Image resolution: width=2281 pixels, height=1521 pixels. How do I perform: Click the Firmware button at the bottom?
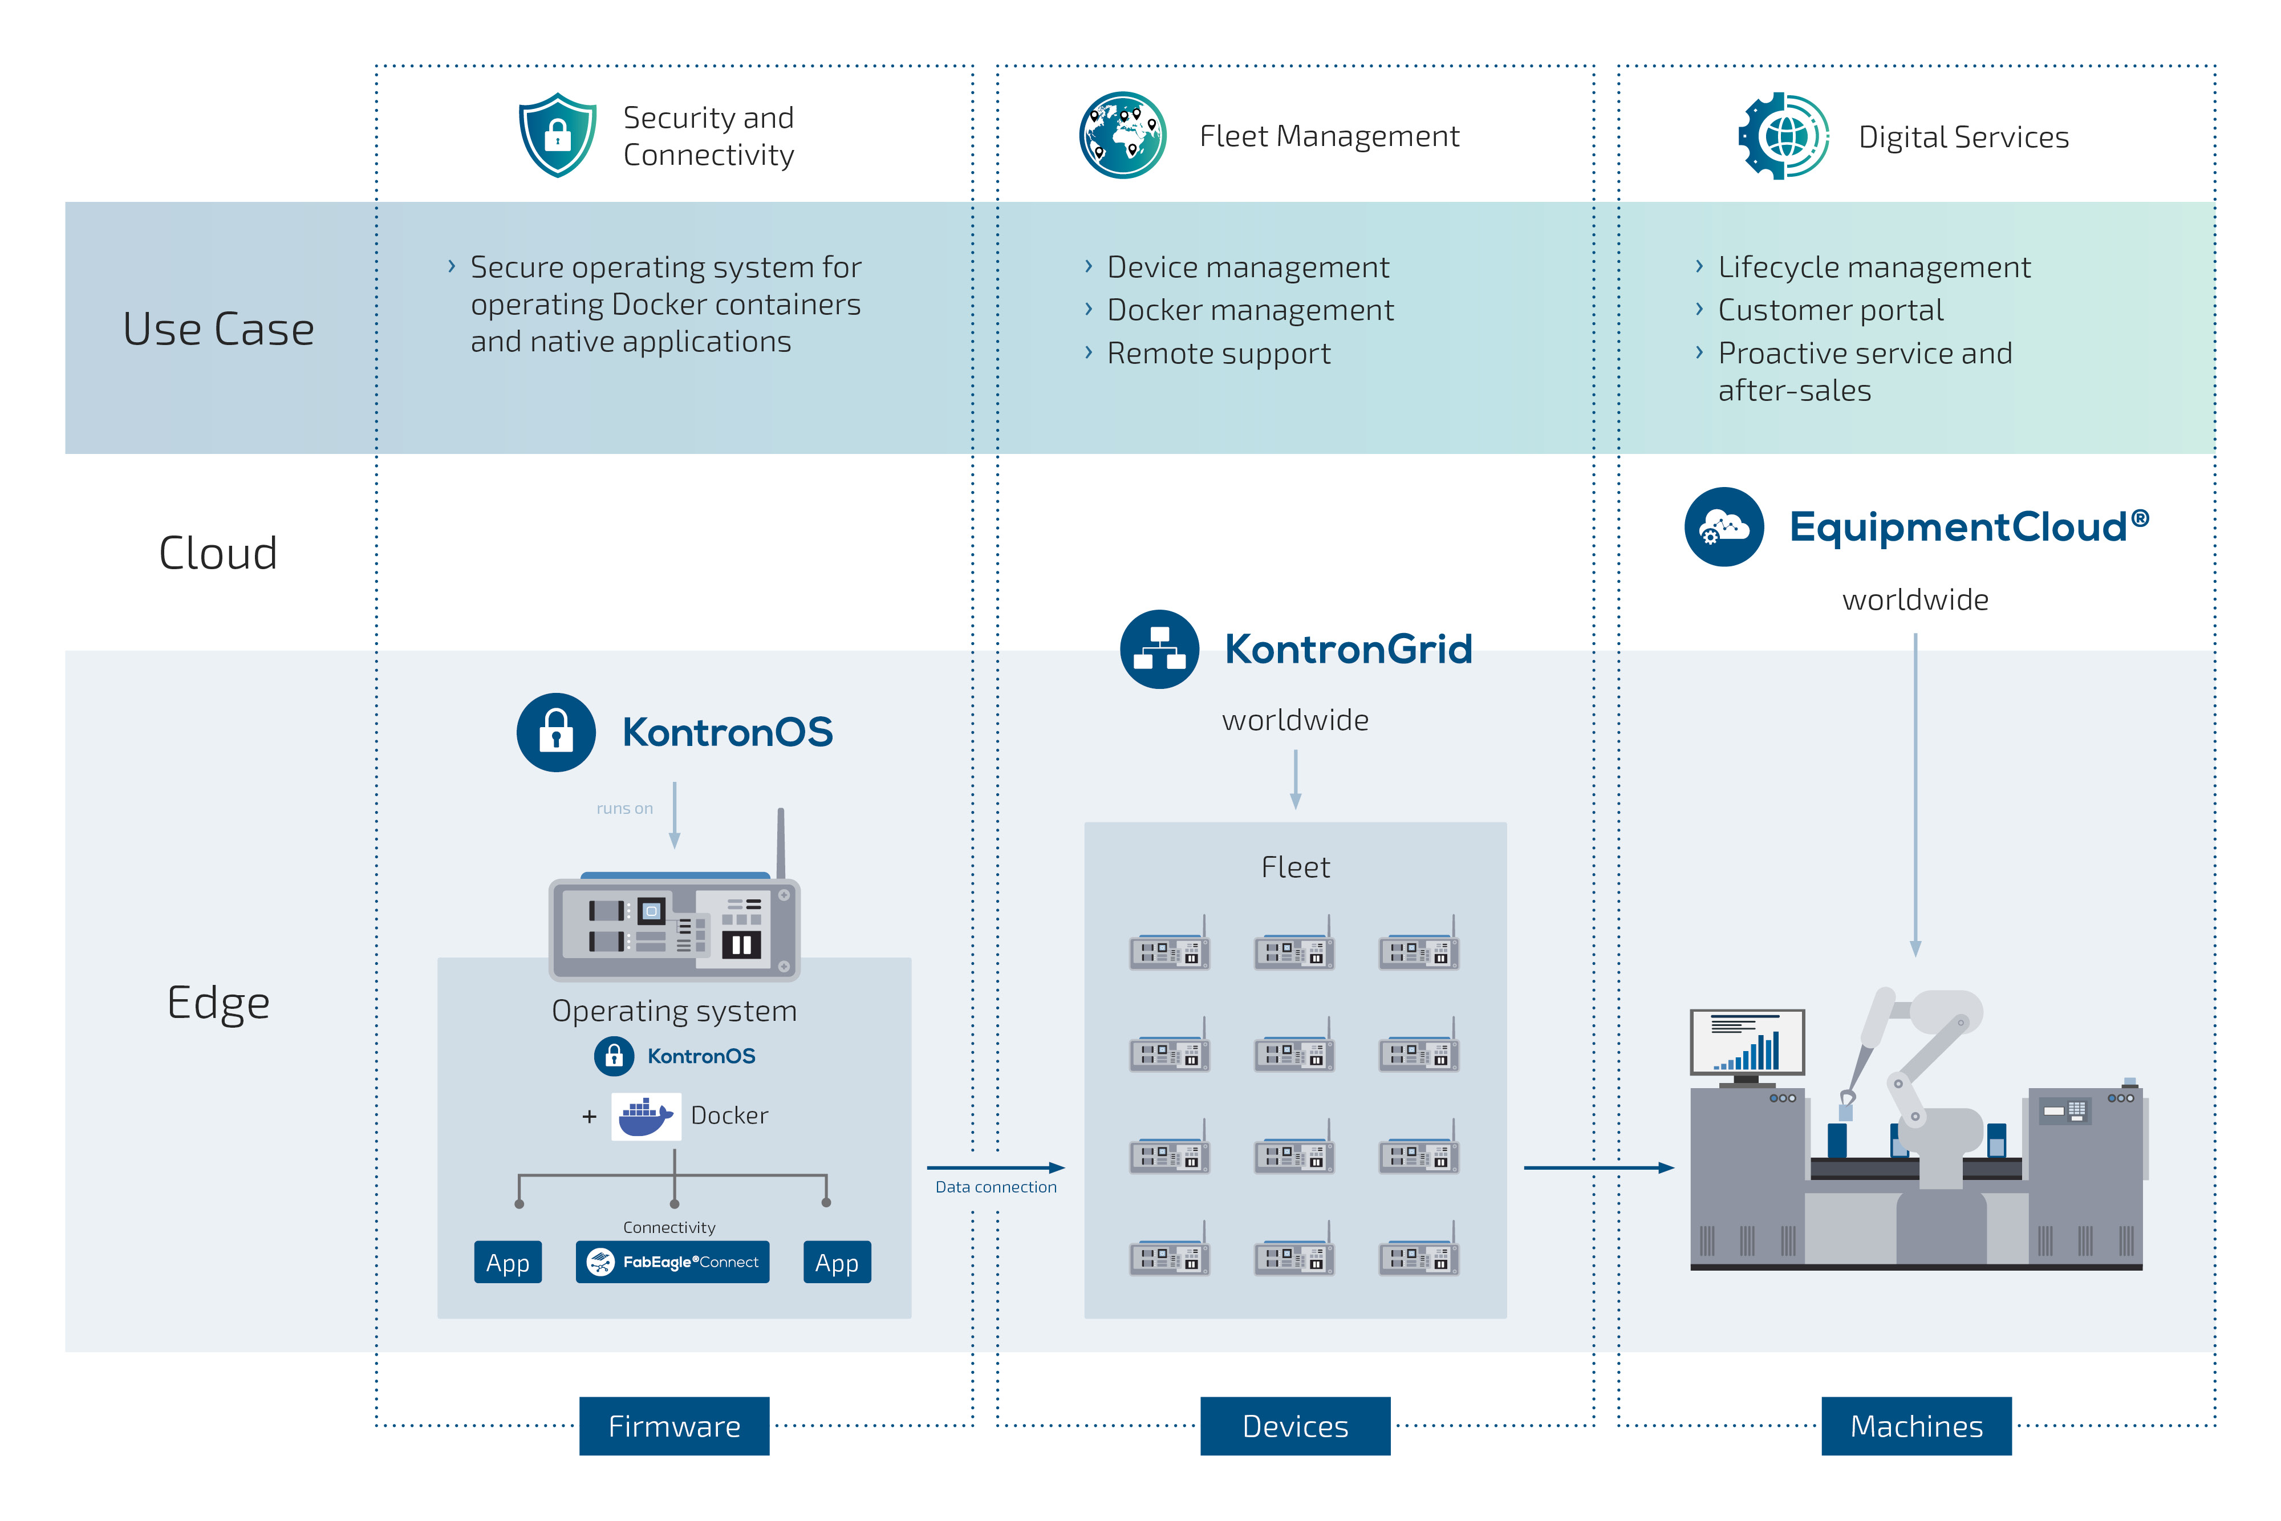pyautogui.click(x=674, y=1425)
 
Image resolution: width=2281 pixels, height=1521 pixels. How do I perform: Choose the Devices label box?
pyautogui.click(x=1294, y=1425)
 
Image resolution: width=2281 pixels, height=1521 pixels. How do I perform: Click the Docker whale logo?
pyautogui.click(x=645, y=1117)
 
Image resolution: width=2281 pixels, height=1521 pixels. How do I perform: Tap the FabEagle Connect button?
pyautogui.click(x=672, y=1262)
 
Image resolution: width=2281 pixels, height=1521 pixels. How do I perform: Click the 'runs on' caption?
pyautogui.click(x=624, y=808)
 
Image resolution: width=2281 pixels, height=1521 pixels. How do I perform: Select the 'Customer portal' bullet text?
pyautogui.click(x=1830, y=310)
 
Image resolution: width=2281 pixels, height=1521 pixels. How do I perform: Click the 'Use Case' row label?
pyautogui.click(x=218, y=329)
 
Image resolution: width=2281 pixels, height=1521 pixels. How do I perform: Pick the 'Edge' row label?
pyautogui.click(x=218, y=1002)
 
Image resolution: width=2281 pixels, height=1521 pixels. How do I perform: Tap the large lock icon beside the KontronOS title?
pyautogui.click(x=555, y=732)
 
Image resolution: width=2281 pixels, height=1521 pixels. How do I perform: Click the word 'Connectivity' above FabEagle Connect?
pyautogui.click(x=669, y=1227)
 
